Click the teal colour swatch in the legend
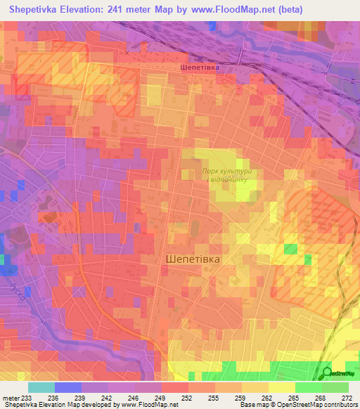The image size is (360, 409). (x=41, y=387)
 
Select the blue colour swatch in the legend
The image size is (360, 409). (x=68, y=387)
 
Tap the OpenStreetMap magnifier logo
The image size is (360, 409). (x=328, y=372)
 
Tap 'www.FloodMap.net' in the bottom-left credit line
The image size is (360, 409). (x=149, y=405)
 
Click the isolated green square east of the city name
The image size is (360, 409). (x=290, y=248)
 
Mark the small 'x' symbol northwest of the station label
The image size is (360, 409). (x=127, y=53)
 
